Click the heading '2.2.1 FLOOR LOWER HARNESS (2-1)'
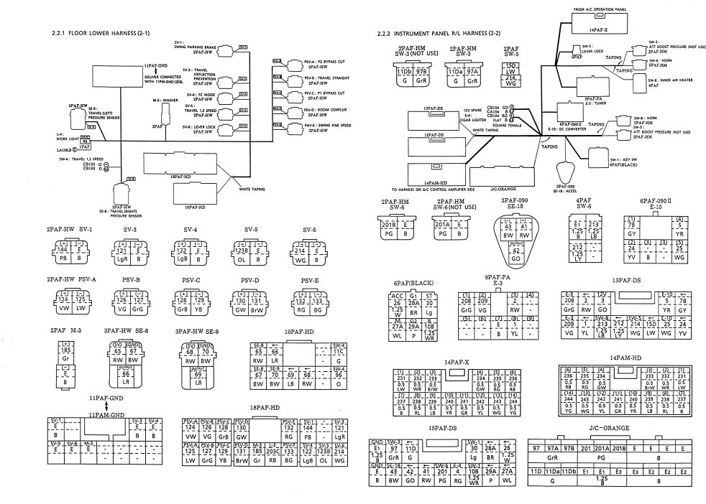(98, 34)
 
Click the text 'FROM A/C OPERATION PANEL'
(600, 10)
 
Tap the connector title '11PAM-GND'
(106, 415)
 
